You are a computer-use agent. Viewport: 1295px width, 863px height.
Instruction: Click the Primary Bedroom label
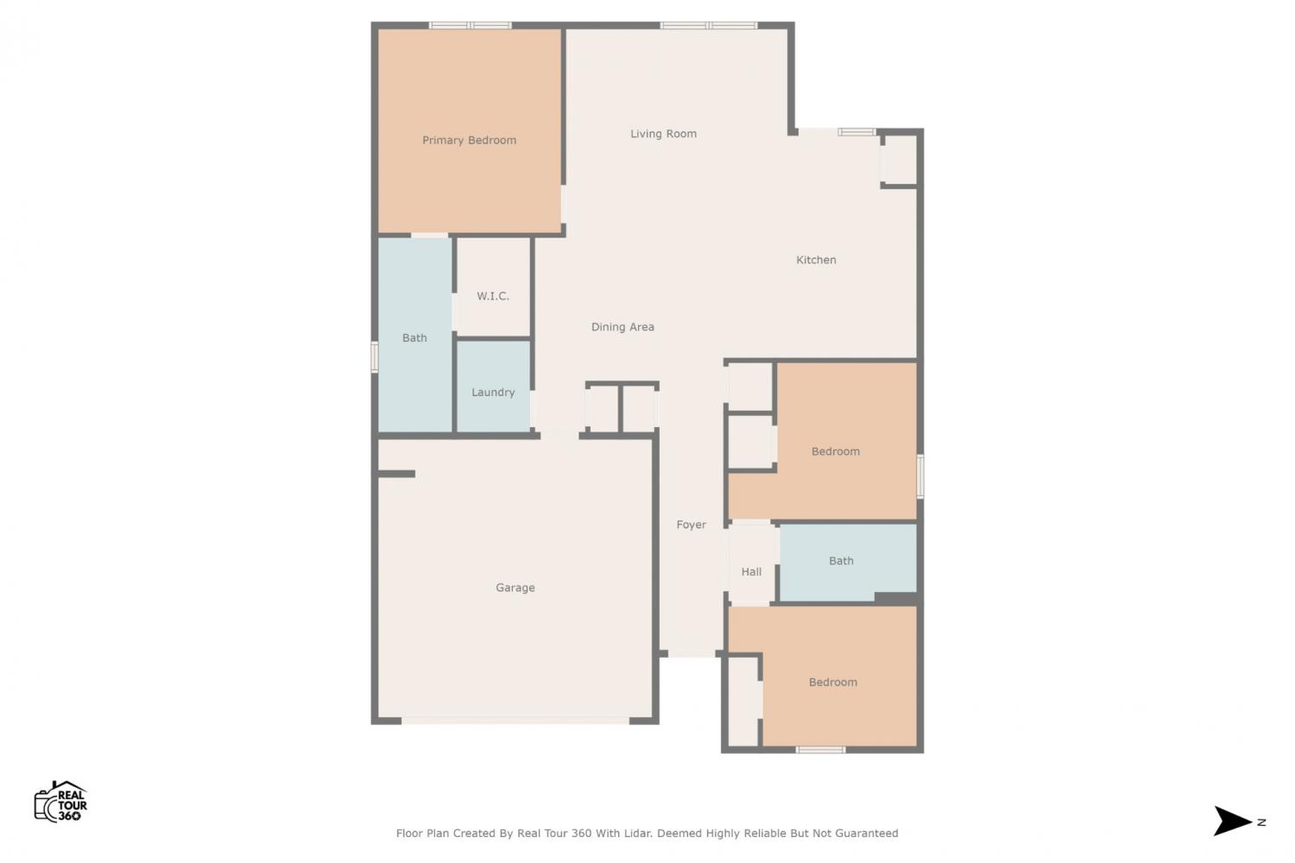(x=469, y=141)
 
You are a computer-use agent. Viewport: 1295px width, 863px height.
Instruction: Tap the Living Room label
(x=663, y=134)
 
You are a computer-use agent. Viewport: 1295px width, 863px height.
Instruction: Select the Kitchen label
(x=816, y=260)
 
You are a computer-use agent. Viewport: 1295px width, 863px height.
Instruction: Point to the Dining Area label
(x=622, y=327)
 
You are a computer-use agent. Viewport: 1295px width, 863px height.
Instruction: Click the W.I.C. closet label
(x=493, y=296)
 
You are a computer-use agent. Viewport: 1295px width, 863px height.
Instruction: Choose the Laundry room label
(x=493, y=393)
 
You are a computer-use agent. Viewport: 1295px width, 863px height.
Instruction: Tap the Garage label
(x=515, y=588)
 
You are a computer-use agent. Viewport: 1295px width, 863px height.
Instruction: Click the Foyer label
(x=692, y=525)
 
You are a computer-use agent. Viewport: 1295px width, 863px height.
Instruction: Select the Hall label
(x=751, y=571)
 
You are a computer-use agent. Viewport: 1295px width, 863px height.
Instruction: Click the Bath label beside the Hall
(x=841, y=561)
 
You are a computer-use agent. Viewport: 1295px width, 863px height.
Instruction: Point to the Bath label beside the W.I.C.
(x=414, y=337)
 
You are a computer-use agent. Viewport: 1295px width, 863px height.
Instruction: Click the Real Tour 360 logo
(x=60, y=802)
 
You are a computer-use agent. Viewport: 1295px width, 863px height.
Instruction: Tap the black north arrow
(x=1231, y=821)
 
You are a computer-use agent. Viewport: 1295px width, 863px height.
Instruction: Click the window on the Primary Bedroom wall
(x=470, y=25)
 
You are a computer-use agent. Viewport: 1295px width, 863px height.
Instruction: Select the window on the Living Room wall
(x=709, y=25)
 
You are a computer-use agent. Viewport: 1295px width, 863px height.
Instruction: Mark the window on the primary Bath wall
(x=375, y=357)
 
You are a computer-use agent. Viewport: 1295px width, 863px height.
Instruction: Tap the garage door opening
(x=515, y=721)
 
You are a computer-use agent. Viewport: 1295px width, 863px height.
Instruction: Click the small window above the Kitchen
(x=856, y=132)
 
